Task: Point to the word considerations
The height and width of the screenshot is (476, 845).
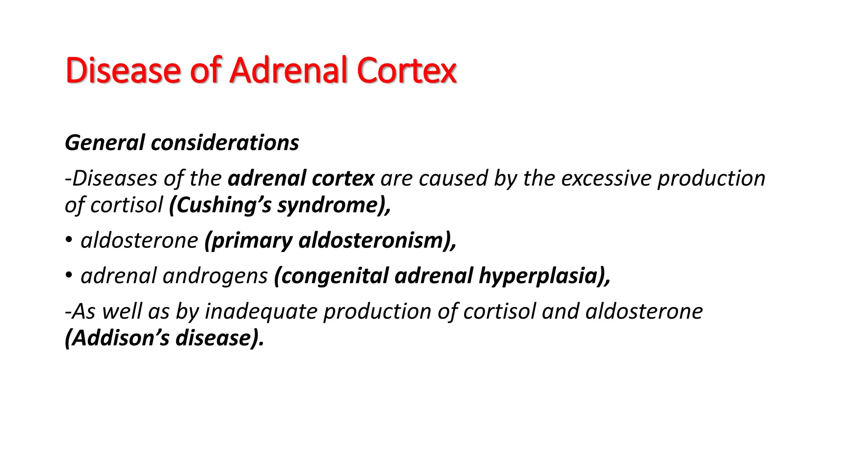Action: [225, 143]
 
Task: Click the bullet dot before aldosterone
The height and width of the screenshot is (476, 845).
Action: [68, 240]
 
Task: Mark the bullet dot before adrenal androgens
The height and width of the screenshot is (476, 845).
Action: [68, 275]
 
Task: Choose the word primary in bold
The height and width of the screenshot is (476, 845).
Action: [248, 241]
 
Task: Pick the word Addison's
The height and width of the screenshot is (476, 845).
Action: [118, 338]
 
